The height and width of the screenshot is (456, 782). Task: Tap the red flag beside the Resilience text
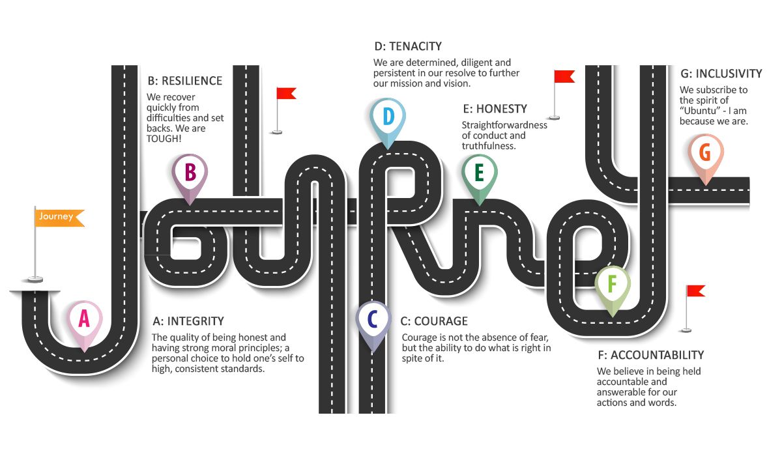[x=285, y=94]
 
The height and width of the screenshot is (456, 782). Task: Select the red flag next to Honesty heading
[x=564, y=77]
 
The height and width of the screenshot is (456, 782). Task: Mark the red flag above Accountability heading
[x=695, y=291]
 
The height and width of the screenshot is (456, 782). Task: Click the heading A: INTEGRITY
[x=188, y=321]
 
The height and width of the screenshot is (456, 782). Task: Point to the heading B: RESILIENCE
[x=184, y=81]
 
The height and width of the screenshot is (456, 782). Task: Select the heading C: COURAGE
[x=434, y=321]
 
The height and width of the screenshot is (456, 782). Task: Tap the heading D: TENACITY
[x=408, y=46]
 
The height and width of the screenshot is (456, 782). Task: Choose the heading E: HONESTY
[x=495, y=108]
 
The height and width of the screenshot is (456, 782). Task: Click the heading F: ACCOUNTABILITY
[x=650, y=355]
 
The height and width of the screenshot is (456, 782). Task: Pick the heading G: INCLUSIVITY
[x=721, y=74]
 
